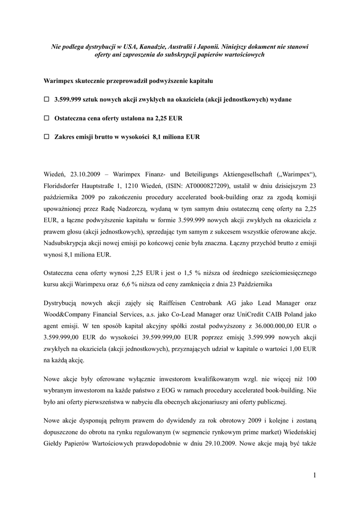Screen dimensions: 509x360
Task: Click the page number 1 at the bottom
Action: tap(314, 476)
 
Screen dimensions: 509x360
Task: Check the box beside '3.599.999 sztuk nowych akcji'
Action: tap(46, 99)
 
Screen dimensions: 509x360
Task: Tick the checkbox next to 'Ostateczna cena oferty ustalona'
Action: tap(46, 118)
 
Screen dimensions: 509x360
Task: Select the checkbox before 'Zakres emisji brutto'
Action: tap(46, 137)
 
